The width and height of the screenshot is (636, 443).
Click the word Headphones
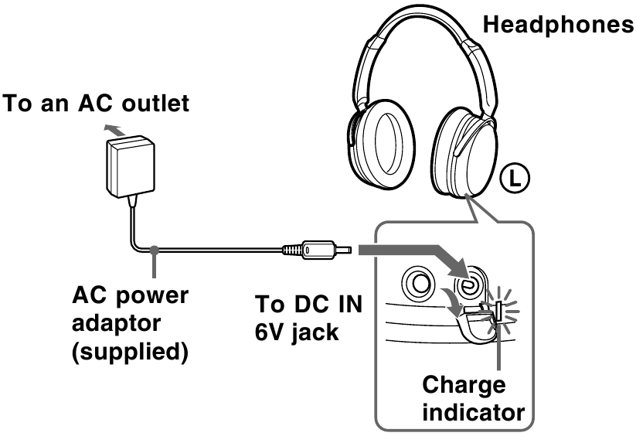tap(556, 25)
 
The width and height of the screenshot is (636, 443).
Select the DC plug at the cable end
tap(317, 250)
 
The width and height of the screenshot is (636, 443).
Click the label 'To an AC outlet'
tap(96, 104)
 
